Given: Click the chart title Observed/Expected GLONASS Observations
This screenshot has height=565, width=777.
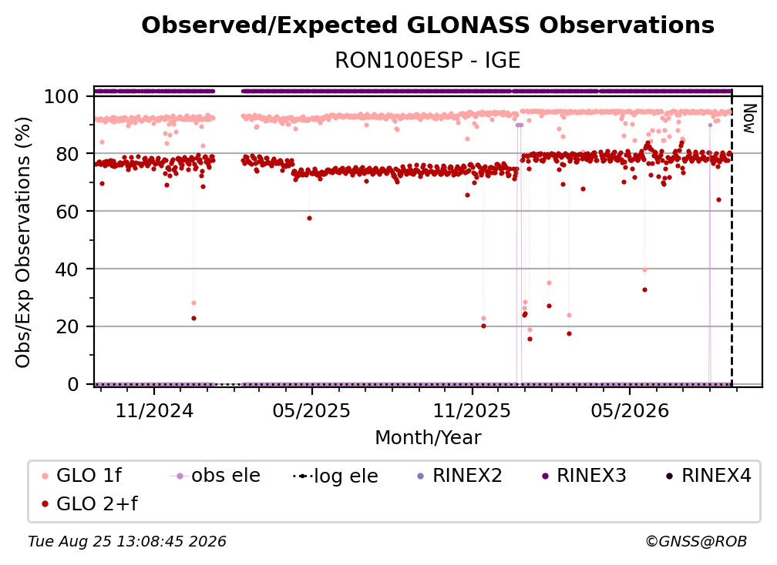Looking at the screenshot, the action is (x=428, y=25).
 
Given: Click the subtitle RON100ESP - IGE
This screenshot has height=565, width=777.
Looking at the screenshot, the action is (x=428, y=60).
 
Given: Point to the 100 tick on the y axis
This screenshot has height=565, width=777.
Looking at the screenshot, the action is (x=62, y=96).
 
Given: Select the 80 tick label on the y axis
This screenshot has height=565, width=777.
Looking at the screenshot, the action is (x=68, y=155).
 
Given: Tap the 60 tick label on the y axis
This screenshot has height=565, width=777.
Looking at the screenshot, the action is (x=68, y=212).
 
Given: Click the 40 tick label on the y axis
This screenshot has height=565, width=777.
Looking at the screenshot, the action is (x=68, y=269).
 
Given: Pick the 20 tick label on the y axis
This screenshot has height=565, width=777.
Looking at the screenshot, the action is (x=68, y=327).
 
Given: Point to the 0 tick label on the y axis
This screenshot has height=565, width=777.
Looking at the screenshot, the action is (x=73, y=384).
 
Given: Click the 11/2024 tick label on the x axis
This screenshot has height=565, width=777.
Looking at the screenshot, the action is (x=154, y=410).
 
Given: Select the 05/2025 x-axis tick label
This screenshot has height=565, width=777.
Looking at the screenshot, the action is (x=311, y=410).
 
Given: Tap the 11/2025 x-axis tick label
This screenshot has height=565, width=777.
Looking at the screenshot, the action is (x=472, y=410).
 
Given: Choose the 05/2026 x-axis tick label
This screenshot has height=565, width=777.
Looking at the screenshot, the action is (x=630, y=410).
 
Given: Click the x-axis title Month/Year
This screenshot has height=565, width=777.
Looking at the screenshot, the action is (x=428, y=437).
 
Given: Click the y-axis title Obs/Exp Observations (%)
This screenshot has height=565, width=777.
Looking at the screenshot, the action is (x=23, y=242).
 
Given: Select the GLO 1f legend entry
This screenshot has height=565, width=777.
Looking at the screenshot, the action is (x=82, y=476).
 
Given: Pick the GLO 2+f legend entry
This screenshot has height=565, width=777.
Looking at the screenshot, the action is (x=89, y=503).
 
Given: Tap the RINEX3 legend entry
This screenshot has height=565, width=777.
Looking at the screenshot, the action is (x=584, y=476).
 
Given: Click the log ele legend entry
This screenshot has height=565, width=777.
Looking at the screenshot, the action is (x=335, y=476).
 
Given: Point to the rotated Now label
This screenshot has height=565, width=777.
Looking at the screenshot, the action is (x=748, y=119).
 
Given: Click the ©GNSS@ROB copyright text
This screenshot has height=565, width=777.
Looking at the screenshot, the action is (x=696, y=541).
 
